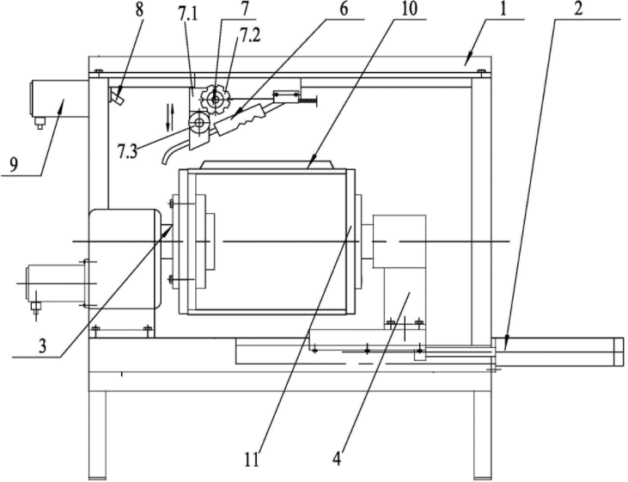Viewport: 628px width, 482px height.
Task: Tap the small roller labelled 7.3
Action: pyautogui.click(x=199, y=125)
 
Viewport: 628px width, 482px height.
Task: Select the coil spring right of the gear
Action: pyautogui.click(x=308, y=100)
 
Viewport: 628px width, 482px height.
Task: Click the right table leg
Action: pyautogui.click(x=481, y=434)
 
